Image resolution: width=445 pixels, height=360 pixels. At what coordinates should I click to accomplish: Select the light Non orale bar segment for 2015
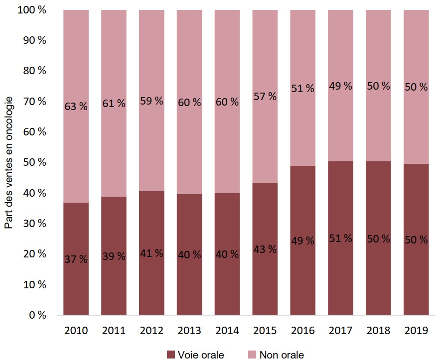(265, 139)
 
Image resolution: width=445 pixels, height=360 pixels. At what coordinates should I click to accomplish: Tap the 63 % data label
(76, 106)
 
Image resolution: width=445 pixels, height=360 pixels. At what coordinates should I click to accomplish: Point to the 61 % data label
(114, 104)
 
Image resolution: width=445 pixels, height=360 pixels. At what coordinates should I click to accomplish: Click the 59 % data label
(151, 101)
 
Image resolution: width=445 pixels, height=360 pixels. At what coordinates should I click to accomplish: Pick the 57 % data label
(265, 97)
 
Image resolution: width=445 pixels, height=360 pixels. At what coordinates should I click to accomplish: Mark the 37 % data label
(76, 259)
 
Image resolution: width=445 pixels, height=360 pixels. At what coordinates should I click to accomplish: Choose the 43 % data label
(265, 249)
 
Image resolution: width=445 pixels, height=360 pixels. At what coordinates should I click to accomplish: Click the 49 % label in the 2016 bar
(302, 241)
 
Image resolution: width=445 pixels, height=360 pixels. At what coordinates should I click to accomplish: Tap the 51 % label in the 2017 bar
(340, 238)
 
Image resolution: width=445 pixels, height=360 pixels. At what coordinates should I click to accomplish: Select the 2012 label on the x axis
(151, 330)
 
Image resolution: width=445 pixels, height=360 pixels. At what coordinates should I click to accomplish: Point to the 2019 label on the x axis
(416, 330)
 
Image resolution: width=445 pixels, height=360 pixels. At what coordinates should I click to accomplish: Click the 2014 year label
(227, 330)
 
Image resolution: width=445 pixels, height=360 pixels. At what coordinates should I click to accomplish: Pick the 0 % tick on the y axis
(38, 315)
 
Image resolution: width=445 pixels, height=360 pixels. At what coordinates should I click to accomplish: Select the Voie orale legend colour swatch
(171, 355)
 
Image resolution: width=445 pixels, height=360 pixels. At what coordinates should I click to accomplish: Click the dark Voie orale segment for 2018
(378, 279)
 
